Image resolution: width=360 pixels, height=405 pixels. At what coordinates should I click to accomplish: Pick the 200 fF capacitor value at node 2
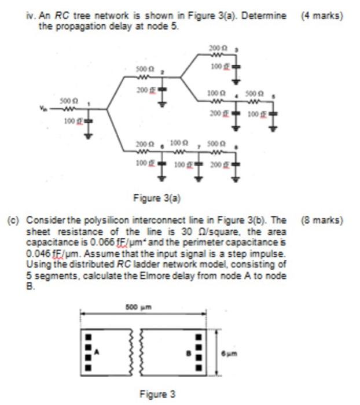coord(144,90)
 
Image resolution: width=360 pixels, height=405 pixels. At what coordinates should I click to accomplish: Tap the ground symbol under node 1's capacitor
coord(89,137)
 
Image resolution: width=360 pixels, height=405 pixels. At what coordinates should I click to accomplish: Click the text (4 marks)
coord(322,16)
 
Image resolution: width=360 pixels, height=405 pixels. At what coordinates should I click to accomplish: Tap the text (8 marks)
coord(322,220)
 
